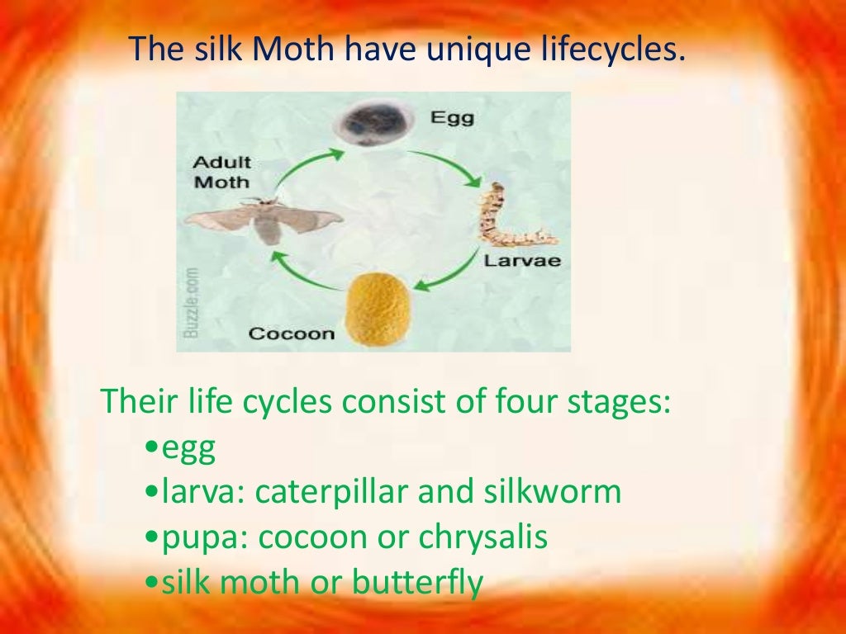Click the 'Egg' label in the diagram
click(452, 118)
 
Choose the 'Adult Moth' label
click(222, 172)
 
